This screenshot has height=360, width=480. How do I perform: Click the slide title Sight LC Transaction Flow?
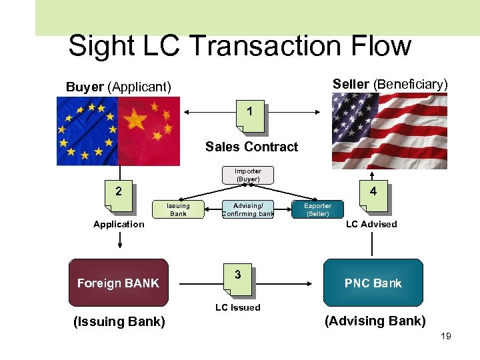click(x=239, y=46)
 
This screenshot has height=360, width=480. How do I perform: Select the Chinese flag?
click(x=149, y=131)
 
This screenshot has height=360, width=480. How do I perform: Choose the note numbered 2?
click(x=119, y=193)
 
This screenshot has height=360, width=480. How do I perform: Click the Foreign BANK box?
click(x=118, y=283)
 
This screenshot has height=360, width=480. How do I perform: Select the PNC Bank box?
click(x=373, y=283)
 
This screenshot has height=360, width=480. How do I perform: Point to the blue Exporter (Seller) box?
click(x=317, y=209)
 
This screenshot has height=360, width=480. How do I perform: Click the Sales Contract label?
click(x=251, y=147)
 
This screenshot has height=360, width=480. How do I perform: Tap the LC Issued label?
click(x=238, y=307)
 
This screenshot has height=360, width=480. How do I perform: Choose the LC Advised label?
click(x=371, y=224)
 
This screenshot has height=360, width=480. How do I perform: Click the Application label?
click(x=119, y=224)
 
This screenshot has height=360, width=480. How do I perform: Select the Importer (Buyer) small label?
click(x=248, y=175)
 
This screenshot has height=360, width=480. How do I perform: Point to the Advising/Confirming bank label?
click(x=248, y=210)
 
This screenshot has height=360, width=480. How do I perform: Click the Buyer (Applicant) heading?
click(x=119, y=87)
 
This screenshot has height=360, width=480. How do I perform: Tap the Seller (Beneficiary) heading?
click(x=390, y=84)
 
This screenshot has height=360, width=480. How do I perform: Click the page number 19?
click(x=446, y=336)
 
